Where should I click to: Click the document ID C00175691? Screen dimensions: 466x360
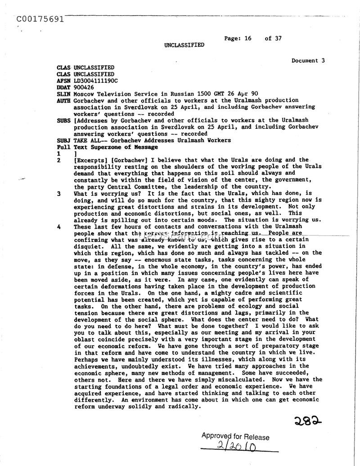39,19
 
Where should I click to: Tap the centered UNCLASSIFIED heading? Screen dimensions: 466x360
184,45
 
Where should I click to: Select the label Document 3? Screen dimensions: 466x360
308,60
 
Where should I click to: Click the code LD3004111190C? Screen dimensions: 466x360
95,81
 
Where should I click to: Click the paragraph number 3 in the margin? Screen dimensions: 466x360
59,194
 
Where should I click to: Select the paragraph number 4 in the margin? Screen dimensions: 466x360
59,227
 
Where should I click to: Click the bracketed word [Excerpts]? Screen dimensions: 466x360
90,160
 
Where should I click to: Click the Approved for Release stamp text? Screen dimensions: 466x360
235,436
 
